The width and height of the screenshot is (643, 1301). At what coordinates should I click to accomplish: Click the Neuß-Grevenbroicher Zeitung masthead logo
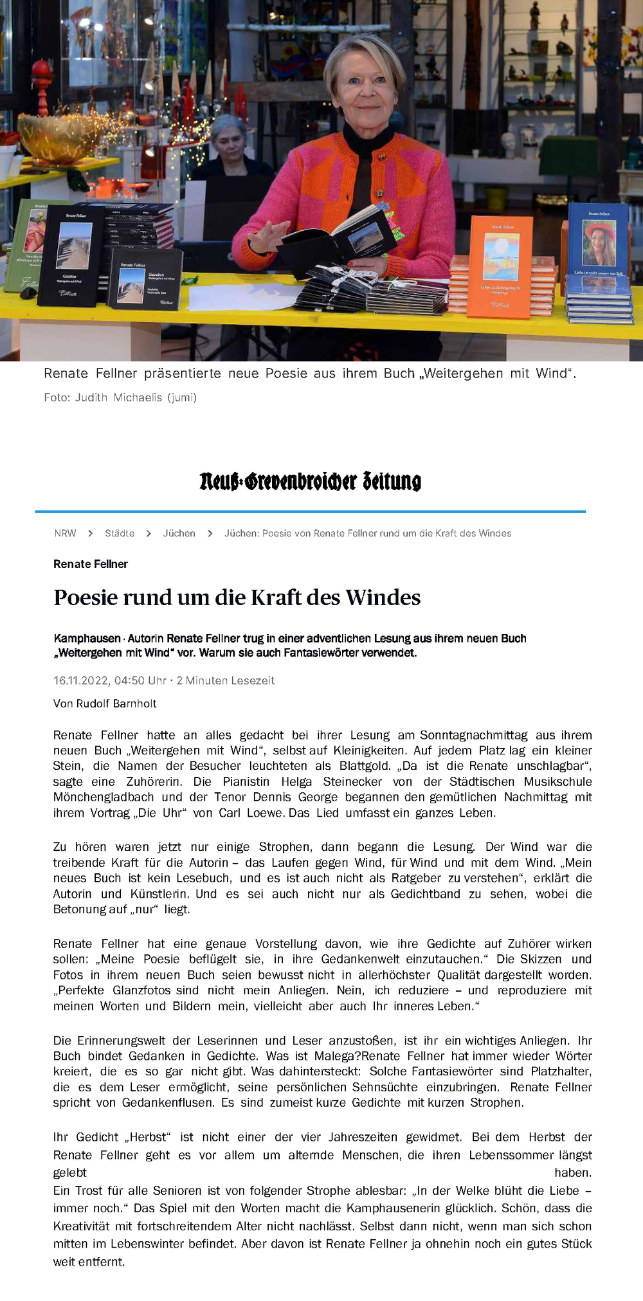point(310,481)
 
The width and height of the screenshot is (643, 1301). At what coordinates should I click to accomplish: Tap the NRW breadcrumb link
point(65,533)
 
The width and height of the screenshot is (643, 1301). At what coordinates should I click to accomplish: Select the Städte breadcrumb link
point(120,533)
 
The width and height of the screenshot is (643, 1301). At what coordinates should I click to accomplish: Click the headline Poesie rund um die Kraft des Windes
point(237,597)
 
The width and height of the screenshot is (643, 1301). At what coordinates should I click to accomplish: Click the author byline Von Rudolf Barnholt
point(105,704)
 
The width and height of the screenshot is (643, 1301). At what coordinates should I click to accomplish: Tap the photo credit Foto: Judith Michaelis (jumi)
point(120,397)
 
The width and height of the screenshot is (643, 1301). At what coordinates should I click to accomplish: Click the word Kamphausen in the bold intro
point(87,639)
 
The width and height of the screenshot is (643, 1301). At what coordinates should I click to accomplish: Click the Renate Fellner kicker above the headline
point(91,564)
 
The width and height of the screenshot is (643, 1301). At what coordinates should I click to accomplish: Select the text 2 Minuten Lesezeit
point(226,680)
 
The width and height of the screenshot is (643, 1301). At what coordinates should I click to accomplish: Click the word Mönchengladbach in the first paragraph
point(104,797)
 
